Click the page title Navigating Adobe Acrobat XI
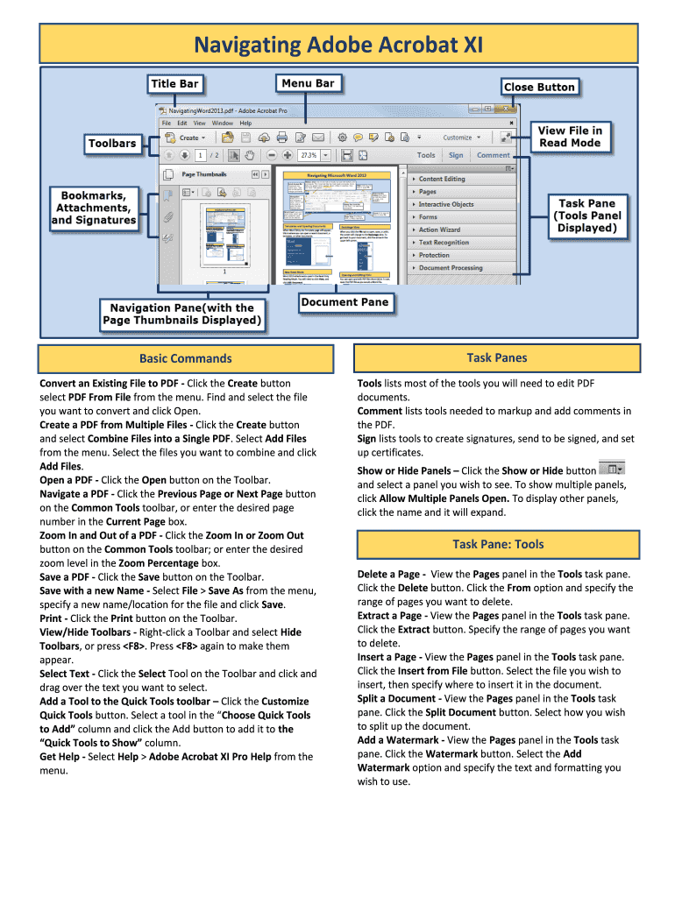337,45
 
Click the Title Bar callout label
174,84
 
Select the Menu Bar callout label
308,83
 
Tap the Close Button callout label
539,87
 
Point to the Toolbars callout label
112,143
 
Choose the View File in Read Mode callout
570,137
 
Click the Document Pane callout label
344,302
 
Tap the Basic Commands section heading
186,358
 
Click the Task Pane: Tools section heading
498,544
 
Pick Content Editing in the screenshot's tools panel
442,179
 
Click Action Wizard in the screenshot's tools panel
439,230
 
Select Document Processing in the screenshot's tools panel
451,268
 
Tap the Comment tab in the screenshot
493,155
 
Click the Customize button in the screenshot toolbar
457,138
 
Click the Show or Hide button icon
610,470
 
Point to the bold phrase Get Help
61,757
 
